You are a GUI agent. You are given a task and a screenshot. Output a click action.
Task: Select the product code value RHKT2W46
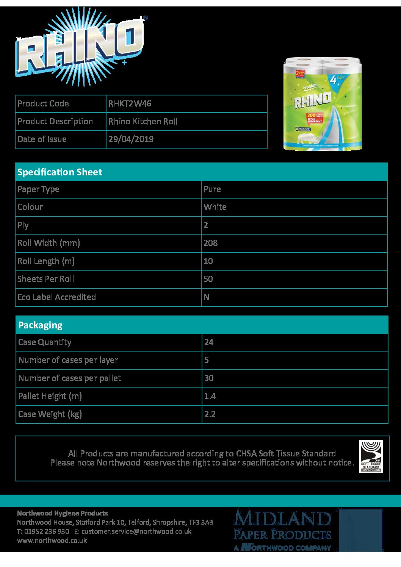(x=130, y=103)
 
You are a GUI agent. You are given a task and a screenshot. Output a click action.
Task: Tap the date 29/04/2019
(x=131, y=139)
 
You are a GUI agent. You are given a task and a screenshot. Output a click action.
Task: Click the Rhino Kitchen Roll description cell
(x=143, y=121)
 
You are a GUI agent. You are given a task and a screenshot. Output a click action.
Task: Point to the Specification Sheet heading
(x=60, y=172)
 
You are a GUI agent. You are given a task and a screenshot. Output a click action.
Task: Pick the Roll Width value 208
(x=210, y=243)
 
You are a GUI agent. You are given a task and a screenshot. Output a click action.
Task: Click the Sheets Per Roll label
(x=45, y=279)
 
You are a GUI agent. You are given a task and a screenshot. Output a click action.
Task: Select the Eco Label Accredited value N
(x=207, y=297)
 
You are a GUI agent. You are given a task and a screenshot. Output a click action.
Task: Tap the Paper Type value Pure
(x=212, y=189)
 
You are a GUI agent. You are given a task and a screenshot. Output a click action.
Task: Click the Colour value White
(x=215, y=207)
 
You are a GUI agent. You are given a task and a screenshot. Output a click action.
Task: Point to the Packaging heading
(x=40, y=325)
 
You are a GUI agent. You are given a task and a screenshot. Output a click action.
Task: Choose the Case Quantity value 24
(x=209, y=342)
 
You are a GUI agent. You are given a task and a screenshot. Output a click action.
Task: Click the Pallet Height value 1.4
(x=210, y=396)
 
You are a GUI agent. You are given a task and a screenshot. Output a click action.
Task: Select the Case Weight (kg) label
(x=50, y=414)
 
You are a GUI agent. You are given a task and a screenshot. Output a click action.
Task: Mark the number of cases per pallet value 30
(x=209, y=378)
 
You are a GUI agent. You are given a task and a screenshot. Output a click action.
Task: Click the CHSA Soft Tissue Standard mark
(x=371, y=456)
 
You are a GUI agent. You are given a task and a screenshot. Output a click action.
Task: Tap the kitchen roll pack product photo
(x=323, y=103)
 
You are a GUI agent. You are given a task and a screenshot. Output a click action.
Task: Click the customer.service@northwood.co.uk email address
(x=136, y=531)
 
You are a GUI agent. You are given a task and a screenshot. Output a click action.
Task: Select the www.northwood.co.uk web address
(x=52, y=540)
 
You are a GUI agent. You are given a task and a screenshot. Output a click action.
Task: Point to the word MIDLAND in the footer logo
(x=282, y=518)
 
